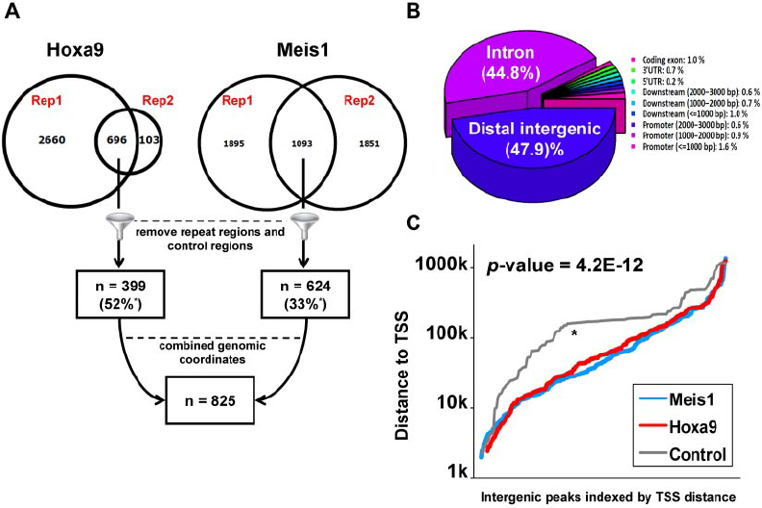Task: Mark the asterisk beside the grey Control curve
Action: click(574, 333)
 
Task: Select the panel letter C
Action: click(411, 222)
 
